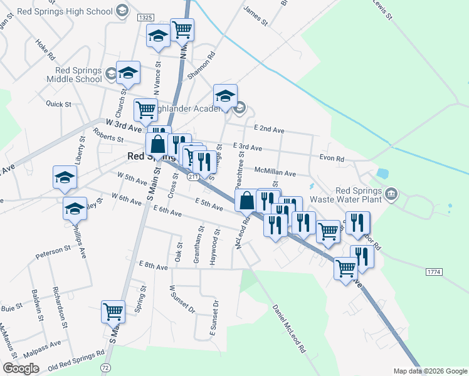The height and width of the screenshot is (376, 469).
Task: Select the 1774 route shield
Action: tap(435, 272)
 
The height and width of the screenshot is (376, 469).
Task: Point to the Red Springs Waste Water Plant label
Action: tap(359, 196)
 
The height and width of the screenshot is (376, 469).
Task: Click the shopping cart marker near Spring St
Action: tap(113, 311)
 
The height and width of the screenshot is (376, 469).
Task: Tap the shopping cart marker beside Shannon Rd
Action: tap(182, 29)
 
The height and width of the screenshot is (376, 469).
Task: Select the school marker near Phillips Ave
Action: tap(75, 208)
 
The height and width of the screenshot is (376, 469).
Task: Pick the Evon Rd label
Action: tap(332, 159)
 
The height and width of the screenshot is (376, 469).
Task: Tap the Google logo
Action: tap(21, 369)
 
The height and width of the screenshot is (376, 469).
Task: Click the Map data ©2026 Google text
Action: tap(429, 371)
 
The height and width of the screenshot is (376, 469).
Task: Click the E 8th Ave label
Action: tap(154, 266)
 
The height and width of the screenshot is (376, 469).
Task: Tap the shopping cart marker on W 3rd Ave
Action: tap(145, 110)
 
